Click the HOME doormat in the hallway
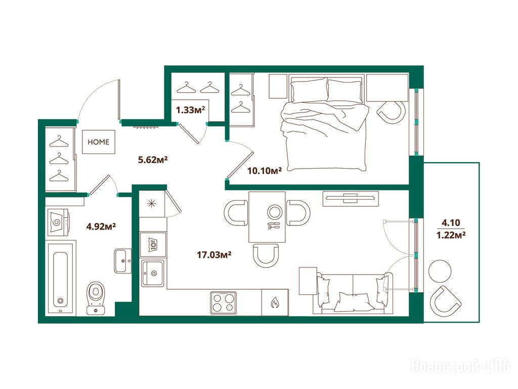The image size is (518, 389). pos(99,142)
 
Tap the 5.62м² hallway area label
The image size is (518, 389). pos(153,160)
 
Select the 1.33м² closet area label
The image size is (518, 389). pos(191,110)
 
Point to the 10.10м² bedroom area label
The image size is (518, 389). pos(264,171)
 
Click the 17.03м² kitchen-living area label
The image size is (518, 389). pos(214,255)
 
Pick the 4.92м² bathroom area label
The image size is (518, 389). pos(101,226)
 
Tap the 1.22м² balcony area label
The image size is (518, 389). pos(451,235)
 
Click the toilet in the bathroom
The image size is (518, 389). pos(96,298)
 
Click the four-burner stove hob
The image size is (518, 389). pos(223,303)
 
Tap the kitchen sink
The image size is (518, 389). pos(153,273)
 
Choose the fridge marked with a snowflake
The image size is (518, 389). pos(152,204)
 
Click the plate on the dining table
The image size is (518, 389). pos(275,212)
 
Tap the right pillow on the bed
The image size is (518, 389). pos(344,90)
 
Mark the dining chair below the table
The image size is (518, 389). pos(266,255)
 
